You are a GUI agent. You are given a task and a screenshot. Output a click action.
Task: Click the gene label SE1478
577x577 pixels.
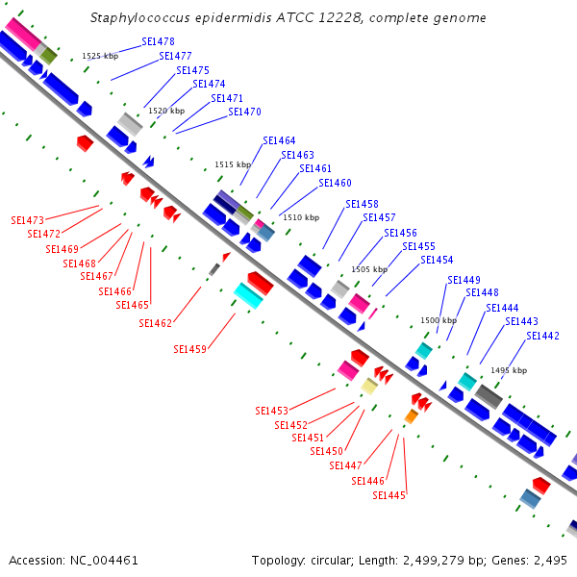[158, 42]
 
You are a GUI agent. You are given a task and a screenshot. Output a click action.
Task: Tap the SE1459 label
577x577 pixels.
[189, 349]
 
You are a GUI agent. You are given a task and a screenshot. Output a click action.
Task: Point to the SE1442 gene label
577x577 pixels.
[542, 336]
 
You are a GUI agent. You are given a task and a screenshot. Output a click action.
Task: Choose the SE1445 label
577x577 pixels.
[389, 495]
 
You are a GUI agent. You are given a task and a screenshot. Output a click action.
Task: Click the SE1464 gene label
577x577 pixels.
[279, 141]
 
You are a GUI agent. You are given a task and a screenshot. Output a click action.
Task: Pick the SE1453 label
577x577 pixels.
[271, 411]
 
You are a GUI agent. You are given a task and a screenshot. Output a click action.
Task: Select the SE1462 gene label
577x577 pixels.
[155, 323]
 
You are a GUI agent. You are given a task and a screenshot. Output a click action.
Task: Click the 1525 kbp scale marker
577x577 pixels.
[100, 57]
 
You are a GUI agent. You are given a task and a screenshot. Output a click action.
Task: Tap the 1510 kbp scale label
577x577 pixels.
[300, 217]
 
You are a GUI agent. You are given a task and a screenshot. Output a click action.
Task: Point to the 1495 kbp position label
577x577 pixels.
[509, 370]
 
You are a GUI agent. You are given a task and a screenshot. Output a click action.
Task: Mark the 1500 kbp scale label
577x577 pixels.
[439, 320]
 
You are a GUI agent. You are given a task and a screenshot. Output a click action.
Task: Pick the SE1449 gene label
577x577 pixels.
[464, 280]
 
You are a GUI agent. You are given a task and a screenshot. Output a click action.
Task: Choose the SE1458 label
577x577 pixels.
[362, 204]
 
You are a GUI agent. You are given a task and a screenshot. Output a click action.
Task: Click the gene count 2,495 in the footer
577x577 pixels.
[550, 560]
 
